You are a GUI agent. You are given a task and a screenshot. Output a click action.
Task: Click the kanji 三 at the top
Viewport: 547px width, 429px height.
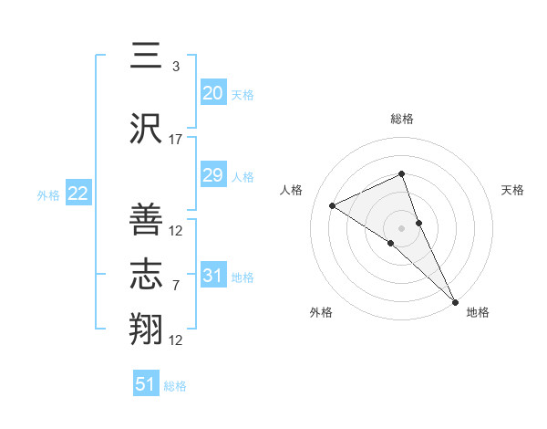click(147, 57)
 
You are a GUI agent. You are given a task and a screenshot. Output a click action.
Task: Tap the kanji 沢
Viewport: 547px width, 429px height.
click(147, 130)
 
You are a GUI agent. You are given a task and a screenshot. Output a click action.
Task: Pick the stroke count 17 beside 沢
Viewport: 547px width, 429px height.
click(176, 140)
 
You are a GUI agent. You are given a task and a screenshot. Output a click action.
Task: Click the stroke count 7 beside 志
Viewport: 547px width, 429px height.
click(176, 286)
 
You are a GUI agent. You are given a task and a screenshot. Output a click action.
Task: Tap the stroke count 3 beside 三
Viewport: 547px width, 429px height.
click(176, 67)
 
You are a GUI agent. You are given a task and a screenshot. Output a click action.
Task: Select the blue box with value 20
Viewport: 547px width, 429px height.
click(212, 93)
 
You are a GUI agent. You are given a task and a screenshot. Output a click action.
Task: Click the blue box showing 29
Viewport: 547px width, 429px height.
click(212, 175)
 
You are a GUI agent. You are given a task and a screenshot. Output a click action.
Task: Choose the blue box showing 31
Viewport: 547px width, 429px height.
click(212, 276)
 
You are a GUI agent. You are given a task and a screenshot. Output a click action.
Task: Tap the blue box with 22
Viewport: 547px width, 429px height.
click(77, 194)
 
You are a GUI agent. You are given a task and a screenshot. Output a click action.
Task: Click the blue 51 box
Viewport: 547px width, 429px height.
click(146, 384)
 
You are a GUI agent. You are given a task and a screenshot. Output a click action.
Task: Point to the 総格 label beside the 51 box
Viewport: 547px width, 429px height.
click(175, 386)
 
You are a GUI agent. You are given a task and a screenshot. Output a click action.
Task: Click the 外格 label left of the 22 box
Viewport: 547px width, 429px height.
click(48, 194)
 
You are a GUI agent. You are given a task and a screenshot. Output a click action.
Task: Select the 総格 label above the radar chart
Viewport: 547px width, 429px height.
click(401, 119)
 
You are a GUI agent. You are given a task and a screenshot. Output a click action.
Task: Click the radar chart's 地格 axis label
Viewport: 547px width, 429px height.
click(478, 312)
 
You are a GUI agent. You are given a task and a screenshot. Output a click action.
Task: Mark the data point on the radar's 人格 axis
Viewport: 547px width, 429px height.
click(333, 205)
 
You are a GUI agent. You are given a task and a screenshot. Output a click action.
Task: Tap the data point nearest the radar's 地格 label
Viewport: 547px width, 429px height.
click(454, 300)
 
